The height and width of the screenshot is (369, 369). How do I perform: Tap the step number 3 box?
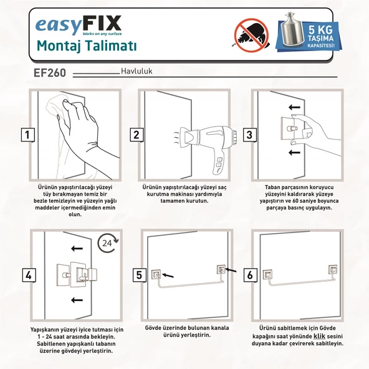click(x=249, y=135)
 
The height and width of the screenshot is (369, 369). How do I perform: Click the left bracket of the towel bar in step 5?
click(x=156, y=273)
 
